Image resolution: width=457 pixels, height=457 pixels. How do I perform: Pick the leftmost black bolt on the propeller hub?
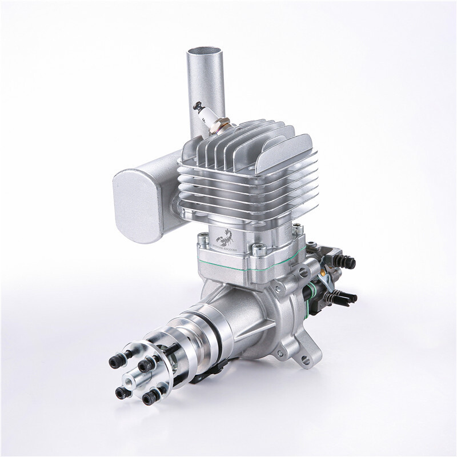tap(111, 361)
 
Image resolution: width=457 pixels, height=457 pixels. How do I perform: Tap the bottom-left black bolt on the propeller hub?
tap(121, 392)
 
